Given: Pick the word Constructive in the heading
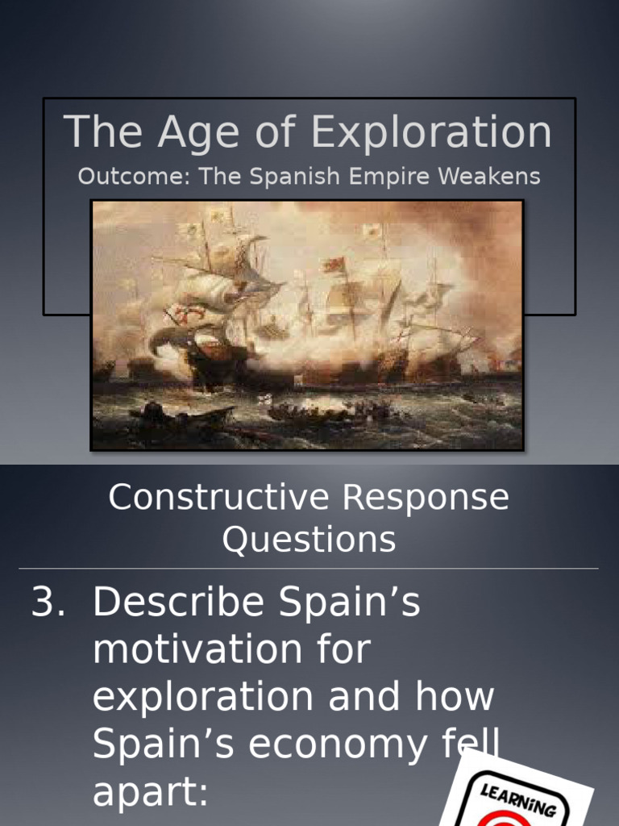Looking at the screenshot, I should [x=219, y=498].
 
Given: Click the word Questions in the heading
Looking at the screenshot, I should [x=309, y=540].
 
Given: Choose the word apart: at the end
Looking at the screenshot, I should [x=150, y=792].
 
